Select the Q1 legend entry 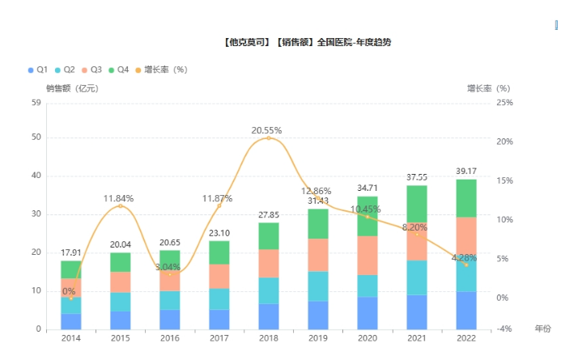click(37, 70)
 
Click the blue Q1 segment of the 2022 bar click(465, 311)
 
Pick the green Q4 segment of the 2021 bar click(417, 204)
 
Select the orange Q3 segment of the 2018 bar click(269, 263)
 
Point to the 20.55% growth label click(267, 130)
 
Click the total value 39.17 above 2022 click(465, 172)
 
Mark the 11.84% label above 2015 click(118, 198)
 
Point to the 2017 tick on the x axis click(219, 338)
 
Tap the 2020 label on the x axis click(367, 338)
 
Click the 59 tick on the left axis click(36, 103)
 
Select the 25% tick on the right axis click(503, 103)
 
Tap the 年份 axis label click(542, 328)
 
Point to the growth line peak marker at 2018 click(269, 138)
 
